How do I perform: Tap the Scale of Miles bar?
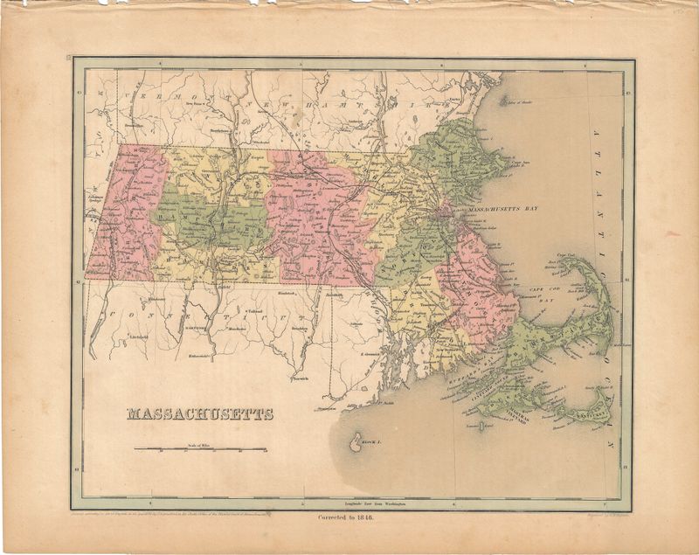click(201, 450)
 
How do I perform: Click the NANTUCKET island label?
click(593, 415)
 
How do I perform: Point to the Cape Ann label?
click(525, 163)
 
